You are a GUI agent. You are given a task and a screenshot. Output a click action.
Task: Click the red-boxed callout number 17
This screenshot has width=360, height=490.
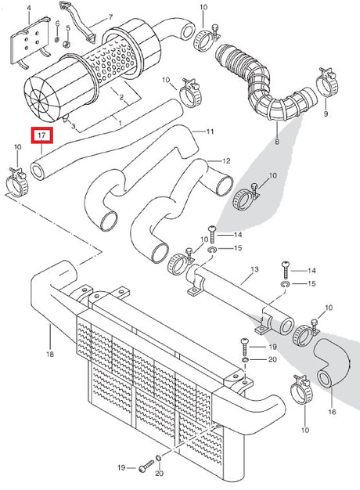(42, 135)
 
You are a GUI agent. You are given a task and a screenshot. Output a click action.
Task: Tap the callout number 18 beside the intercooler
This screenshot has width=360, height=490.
(50, 354)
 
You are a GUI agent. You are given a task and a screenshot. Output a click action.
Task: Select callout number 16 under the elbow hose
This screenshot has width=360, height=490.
(332, 412)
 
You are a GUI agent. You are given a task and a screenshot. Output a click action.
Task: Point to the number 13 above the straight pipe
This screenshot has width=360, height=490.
(254, 268)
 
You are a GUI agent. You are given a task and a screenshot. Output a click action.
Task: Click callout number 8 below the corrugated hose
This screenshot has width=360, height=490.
(277, 142)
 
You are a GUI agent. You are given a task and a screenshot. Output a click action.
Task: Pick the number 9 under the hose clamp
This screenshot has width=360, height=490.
(326, 113)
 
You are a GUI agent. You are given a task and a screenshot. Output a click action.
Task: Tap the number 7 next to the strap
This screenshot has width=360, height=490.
(110, 17)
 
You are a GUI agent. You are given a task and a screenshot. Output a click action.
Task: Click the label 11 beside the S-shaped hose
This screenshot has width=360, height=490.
(210, 132)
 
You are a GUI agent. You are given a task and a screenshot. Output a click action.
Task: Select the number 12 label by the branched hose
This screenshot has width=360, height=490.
(226, 161)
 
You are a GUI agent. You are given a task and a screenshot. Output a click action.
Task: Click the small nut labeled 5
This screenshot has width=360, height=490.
(66, 45)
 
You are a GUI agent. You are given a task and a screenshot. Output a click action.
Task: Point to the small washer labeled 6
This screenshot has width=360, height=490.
(57, 40)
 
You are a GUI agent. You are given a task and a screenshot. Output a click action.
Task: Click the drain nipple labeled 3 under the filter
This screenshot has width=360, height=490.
(65, 119)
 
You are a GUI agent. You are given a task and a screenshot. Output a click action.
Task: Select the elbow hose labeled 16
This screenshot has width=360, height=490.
(332, 363)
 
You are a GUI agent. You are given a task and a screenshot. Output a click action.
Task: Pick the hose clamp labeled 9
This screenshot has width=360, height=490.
(327, 82)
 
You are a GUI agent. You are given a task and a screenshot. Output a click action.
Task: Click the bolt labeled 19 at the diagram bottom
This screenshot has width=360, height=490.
(146, 467)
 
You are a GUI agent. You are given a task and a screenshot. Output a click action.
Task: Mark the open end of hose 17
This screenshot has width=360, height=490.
(38, 171)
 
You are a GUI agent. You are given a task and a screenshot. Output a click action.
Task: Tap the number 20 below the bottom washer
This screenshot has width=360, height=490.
(160, 473)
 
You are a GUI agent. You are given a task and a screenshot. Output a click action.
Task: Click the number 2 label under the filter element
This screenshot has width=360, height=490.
(121, 97)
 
